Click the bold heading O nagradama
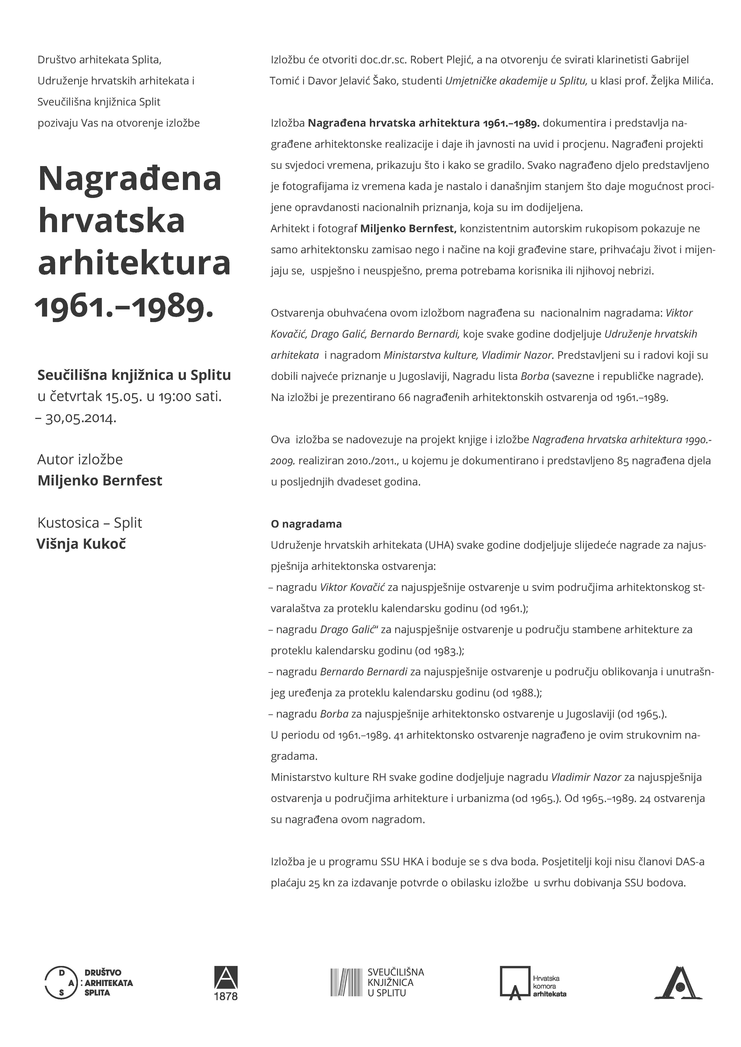[306, 524]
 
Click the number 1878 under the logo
[226, 996]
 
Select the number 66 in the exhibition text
[404, 397]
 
